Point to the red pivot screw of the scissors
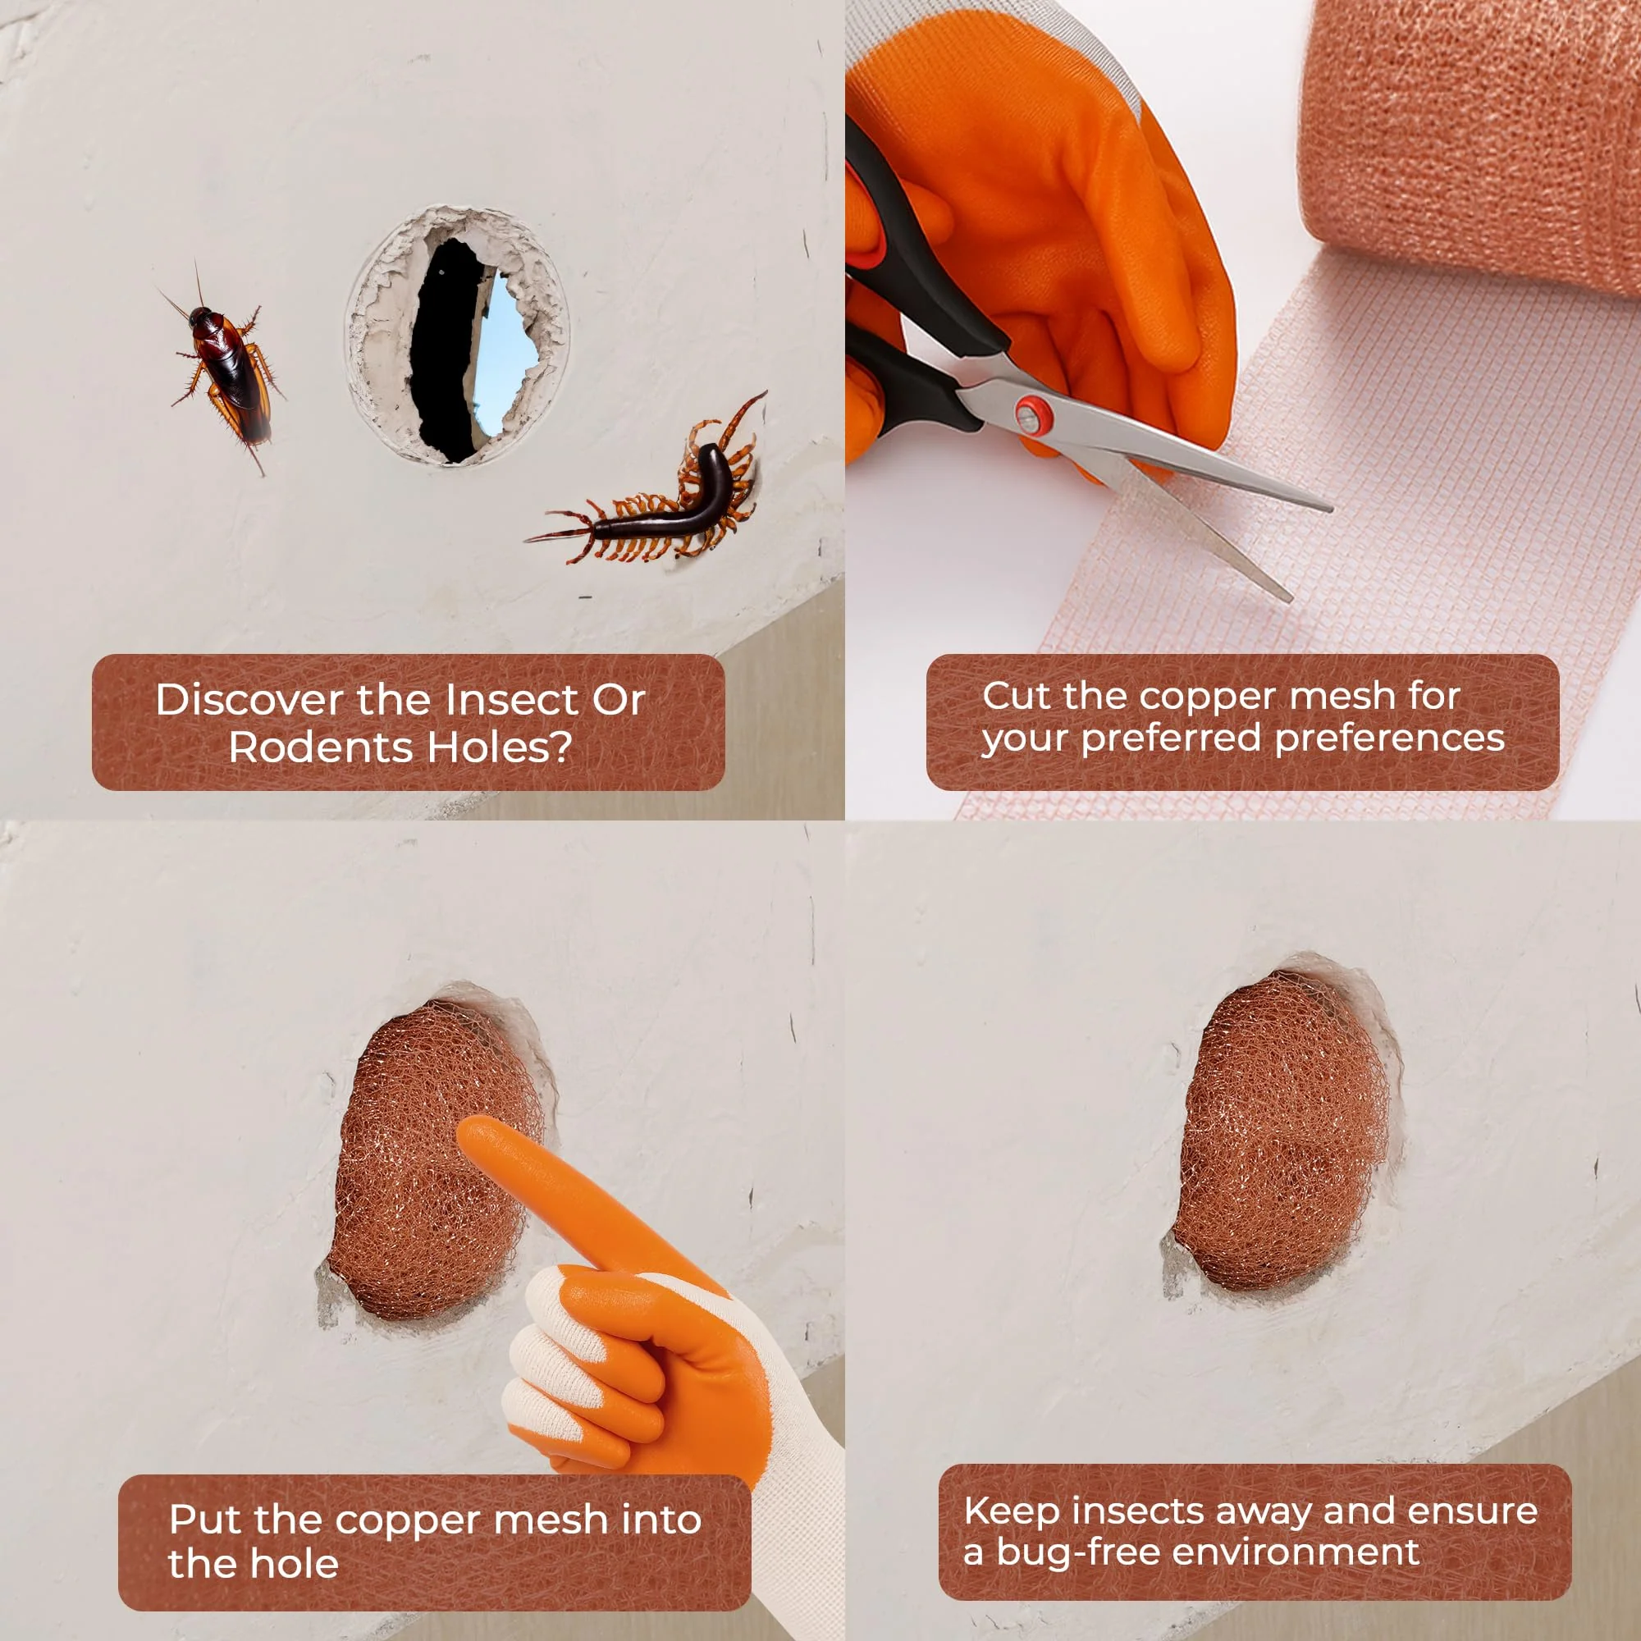coord(1031,415)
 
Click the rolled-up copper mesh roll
coord(1470,144)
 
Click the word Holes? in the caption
coord(500,747)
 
